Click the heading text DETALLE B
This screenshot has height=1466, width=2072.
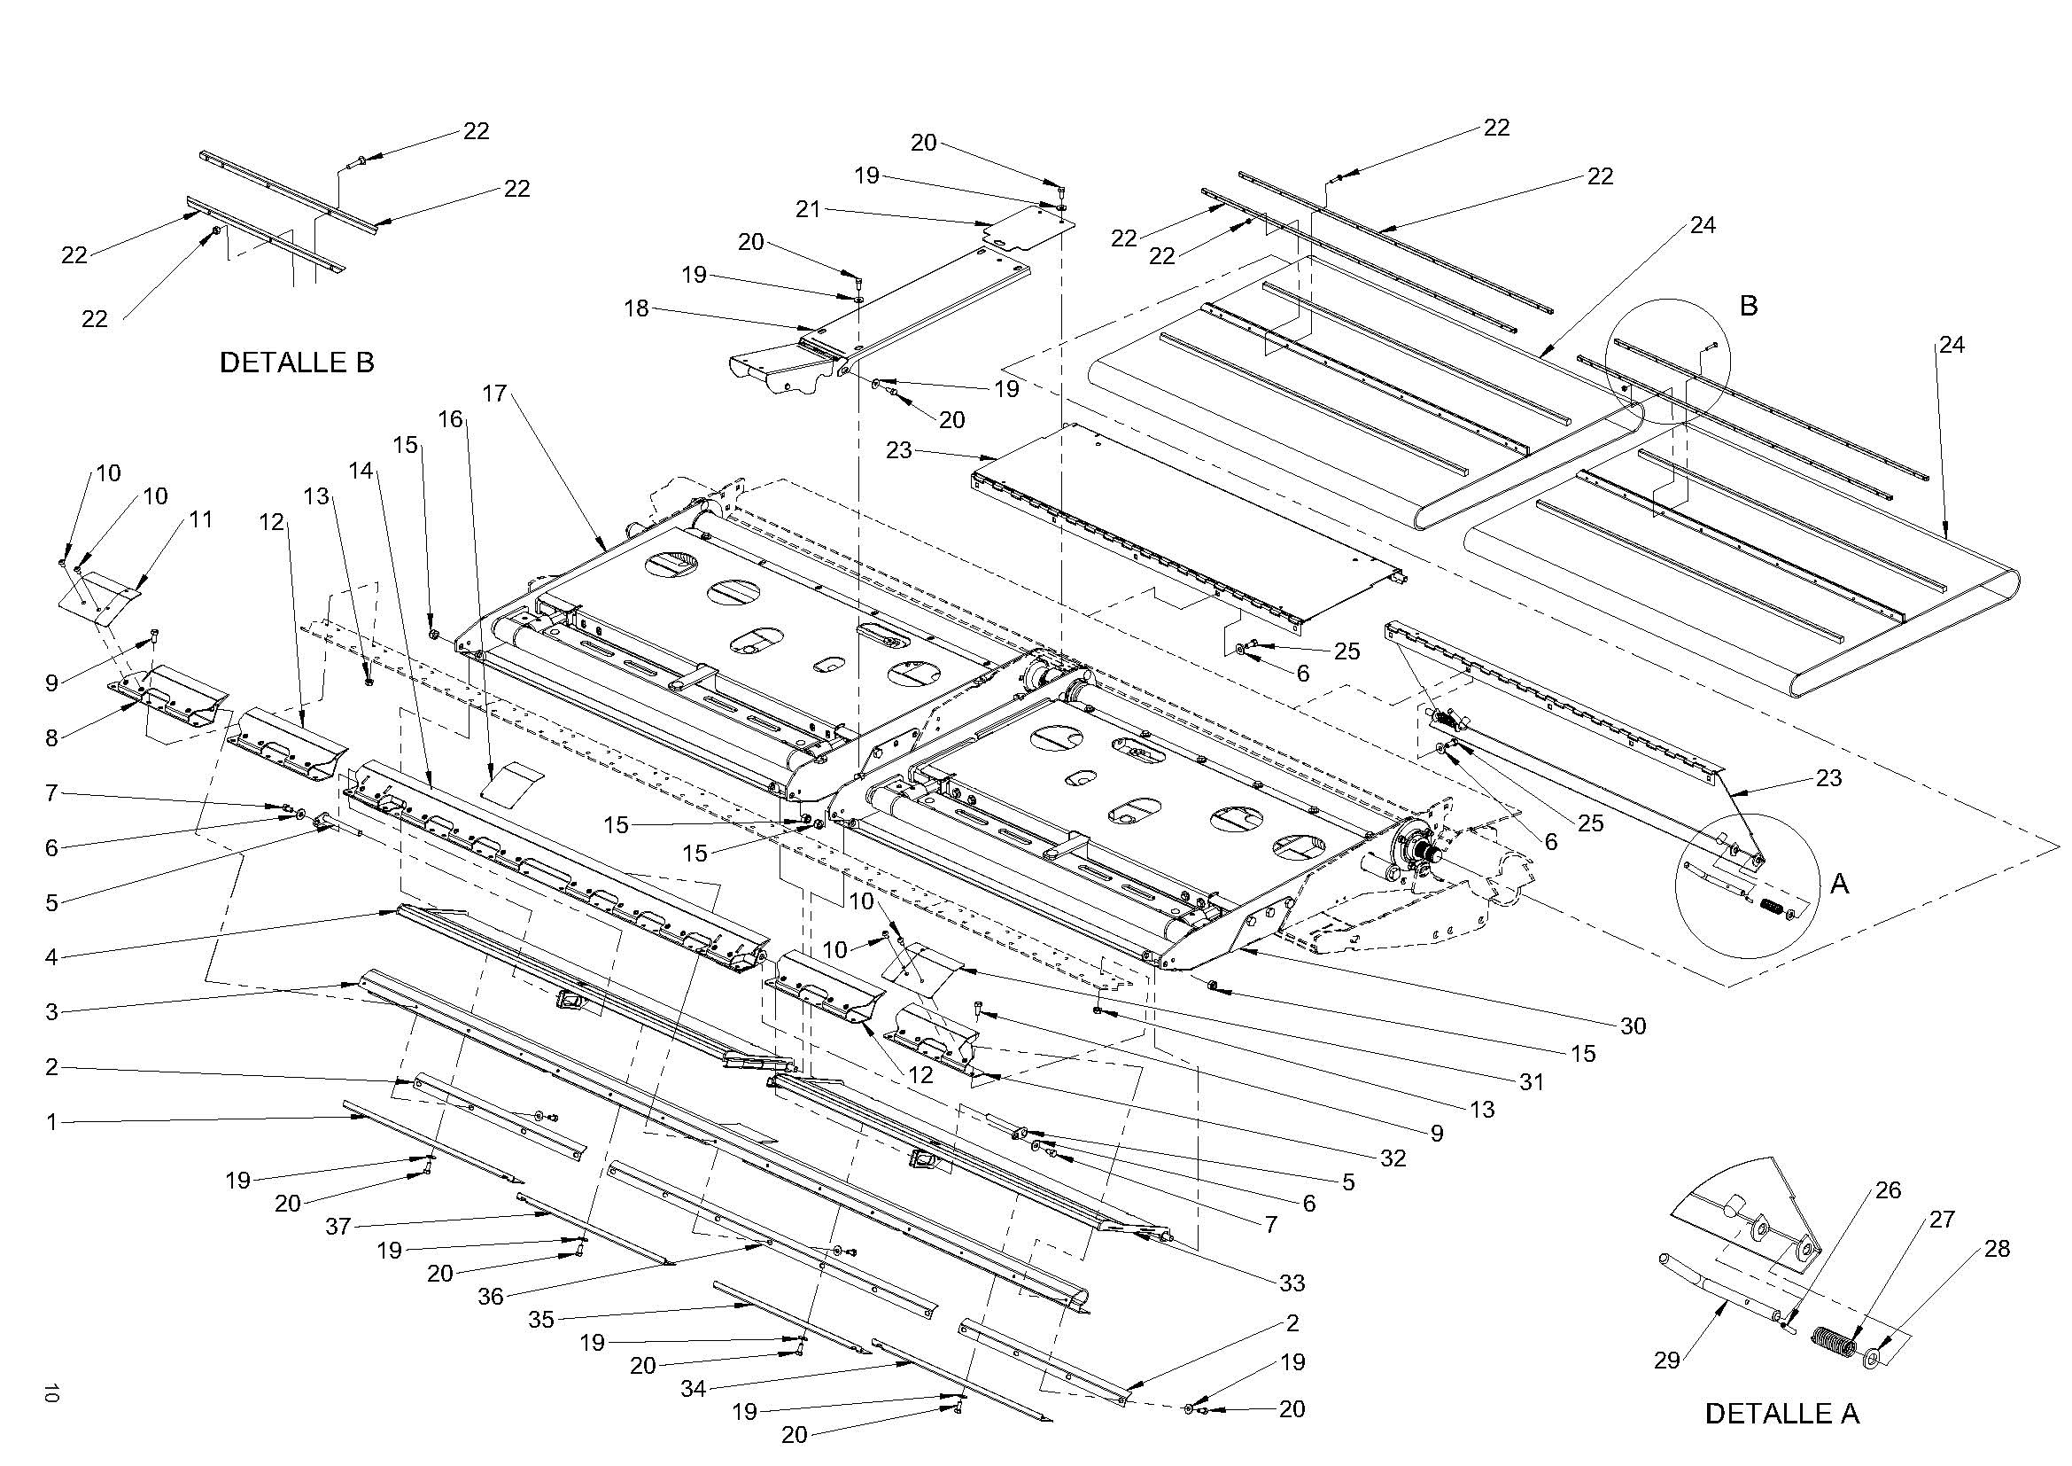pos(297,363)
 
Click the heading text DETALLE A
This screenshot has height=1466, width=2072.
pos(1782,1414)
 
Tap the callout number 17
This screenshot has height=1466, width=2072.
pos(494,394)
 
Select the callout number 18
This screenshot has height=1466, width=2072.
pos(636,308)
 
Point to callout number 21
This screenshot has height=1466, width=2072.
pos(808,209)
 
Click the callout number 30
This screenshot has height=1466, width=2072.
pos(1634,1025)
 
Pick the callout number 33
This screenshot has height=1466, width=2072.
pos(1292,1283)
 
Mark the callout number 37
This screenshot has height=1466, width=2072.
pos(338,1226)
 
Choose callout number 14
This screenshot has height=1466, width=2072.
pos(361,471)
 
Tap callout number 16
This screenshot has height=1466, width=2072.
pos(450,419)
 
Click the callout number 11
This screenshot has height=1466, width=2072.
pos(201,519)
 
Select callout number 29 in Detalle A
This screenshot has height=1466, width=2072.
pos(1667,1360)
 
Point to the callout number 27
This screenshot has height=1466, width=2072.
pos(1942,1220)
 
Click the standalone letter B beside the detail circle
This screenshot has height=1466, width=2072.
pos(1748,306)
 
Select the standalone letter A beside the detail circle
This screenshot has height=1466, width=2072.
pos(1839,884)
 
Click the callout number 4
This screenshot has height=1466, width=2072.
pos(51,957)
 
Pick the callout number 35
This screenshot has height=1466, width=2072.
pos(540,1320)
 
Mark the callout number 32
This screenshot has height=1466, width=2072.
pos(1393,1158)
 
